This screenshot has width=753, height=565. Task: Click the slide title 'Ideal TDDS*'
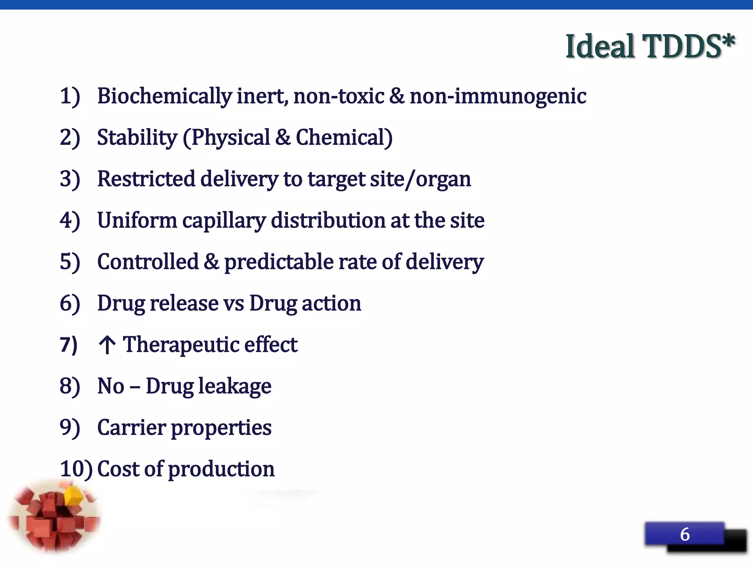[x=650, y=46]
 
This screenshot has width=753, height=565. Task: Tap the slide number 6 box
[x=685, y=534]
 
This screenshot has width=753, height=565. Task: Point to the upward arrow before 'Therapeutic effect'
[x=107, y=345]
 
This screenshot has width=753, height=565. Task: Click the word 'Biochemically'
[x=164, y=96]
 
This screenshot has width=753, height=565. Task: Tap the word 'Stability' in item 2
[x=137, y=138]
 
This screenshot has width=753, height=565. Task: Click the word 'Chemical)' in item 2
[x=344, y=138]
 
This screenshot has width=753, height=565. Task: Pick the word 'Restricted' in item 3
[x=146, y=179]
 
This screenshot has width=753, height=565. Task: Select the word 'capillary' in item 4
[x=224, y=221]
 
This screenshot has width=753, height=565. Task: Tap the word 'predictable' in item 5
[x=278, y=262]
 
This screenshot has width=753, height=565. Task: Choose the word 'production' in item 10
[x=221, y=470]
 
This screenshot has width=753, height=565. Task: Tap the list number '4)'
[x=70, y=221]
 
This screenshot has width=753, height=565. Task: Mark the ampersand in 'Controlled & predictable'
[x=211, y=262]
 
